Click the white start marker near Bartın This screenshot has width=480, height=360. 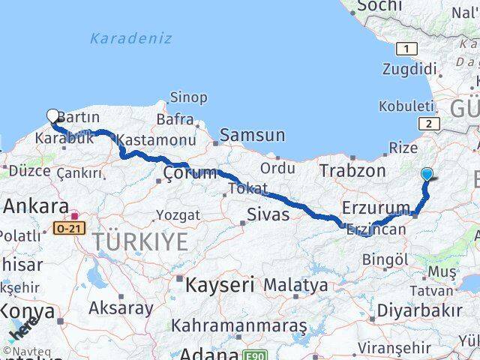tap(52, 115)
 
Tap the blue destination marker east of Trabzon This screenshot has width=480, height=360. tap(427, 175)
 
